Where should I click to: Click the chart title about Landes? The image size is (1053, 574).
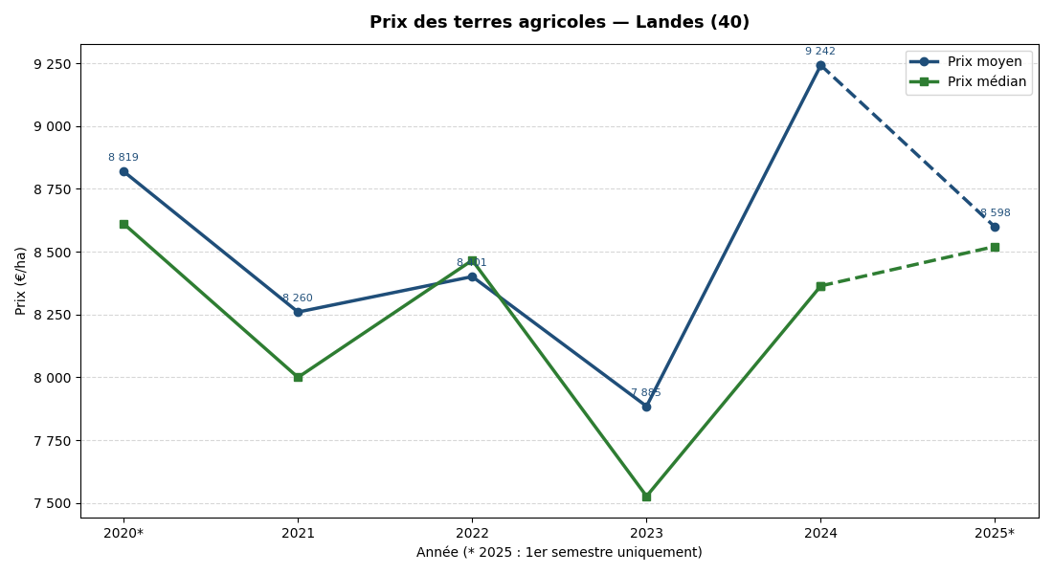(x=559, y=23)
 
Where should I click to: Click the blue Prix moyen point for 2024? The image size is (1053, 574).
(x=820, y=66)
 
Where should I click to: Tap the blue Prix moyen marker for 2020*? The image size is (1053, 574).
(x=123, y=172)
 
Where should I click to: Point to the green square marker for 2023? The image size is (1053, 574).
(x=646, y=497)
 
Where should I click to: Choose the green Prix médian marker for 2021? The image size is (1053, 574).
(x=298, y=377)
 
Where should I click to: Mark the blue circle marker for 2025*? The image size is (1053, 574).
(x=995, y=227)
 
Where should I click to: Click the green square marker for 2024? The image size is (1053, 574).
(x=820, y=286)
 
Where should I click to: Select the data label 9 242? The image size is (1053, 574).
(x=820, y=52)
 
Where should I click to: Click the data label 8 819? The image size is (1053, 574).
(x=123, y=158)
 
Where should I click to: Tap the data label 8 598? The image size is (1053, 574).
(x=996, y=213)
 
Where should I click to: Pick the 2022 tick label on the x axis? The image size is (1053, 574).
(x=472, y=534)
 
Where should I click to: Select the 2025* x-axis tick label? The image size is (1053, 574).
(x=995, y=534)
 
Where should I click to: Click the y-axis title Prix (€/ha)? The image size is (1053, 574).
(x=21, y=280)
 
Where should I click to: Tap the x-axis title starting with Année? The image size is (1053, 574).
(x=559, y=553)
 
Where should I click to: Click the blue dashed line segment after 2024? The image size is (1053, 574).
(x=907, y=146)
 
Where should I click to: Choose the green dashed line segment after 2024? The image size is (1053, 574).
(x=907, y=267)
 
